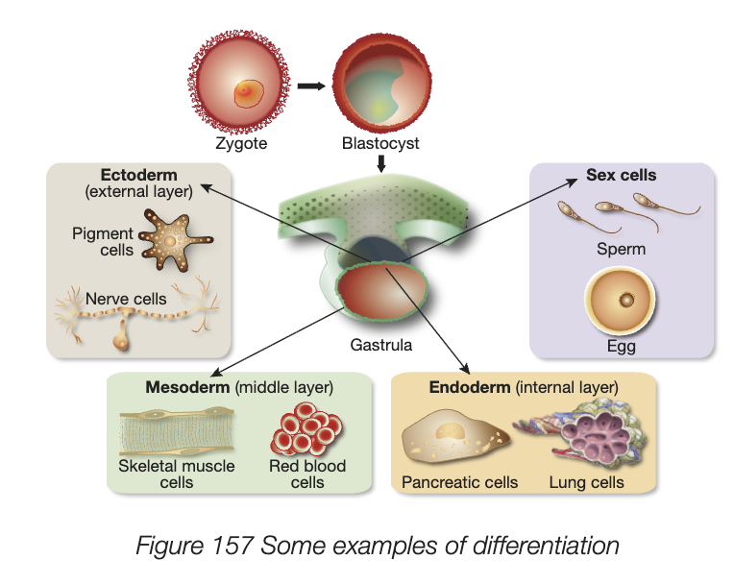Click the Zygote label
click(x=241, y=144)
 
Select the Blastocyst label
click(x=380, y=144)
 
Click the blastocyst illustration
click(x=380, y=87)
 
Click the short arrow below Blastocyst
click(x=381, y=163)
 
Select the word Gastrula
click(x=380, y=345)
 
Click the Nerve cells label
click(x=127, y=299)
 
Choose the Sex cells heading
click(x=621, y=176)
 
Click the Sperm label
click(x=622, y=249)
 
